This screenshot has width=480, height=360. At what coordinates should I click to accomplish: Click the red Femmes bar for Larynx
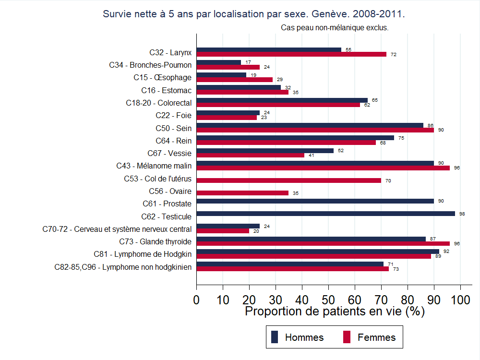[291, 54]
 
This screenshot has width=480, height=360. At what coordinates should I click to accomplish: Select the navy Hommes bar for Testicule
[325, 214]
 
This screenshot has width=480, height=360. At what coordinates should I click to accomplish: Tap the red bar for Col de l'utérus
[288, 180]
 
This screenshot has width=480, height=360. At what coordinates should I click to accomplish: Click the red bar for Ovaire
[242, 193]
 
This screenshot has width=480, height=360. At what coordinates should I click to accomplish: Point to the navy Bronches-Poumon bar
[219, 62]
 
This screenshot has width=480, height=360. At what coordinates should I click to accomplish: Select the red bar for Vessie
[251, 155]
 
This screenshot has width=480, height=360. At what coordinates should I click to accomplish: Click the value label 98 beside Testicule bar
[462, 214]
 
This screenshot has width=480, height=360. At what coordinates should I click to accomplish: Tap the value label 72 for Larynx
[394, 55]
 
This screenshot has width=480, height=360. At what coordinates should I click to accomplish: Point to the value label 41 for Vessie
[312, 156]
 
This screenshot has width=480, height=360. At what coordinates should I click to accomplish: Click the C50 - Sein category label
[173, 128]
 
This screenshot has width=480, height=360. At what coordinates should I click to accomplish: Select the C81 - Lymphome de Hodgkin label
[143, 254]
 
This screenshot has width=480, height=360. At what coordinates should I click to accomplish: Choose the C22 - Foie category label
[173, 115]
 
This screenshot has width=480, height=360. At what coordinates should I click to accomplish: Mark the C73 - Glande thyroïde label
[155, 241]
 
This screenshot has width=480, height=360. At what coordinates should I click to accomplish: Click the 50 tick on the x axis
[328, 300]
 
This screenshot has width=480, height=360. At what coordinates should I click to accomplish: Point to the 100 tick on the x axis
[460, 300]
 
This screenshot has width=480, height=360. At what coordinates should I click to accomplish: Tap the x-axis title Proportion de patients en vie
[335, 311]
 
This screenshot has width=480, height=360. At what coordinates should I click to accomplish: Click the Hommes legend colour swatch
[275, 337]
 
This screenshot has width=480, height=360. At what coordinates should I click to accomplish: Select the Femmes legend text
[376, 337]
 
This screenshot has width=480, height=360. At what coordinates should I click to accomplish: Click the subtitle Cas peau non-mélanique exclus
[334, 28]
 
